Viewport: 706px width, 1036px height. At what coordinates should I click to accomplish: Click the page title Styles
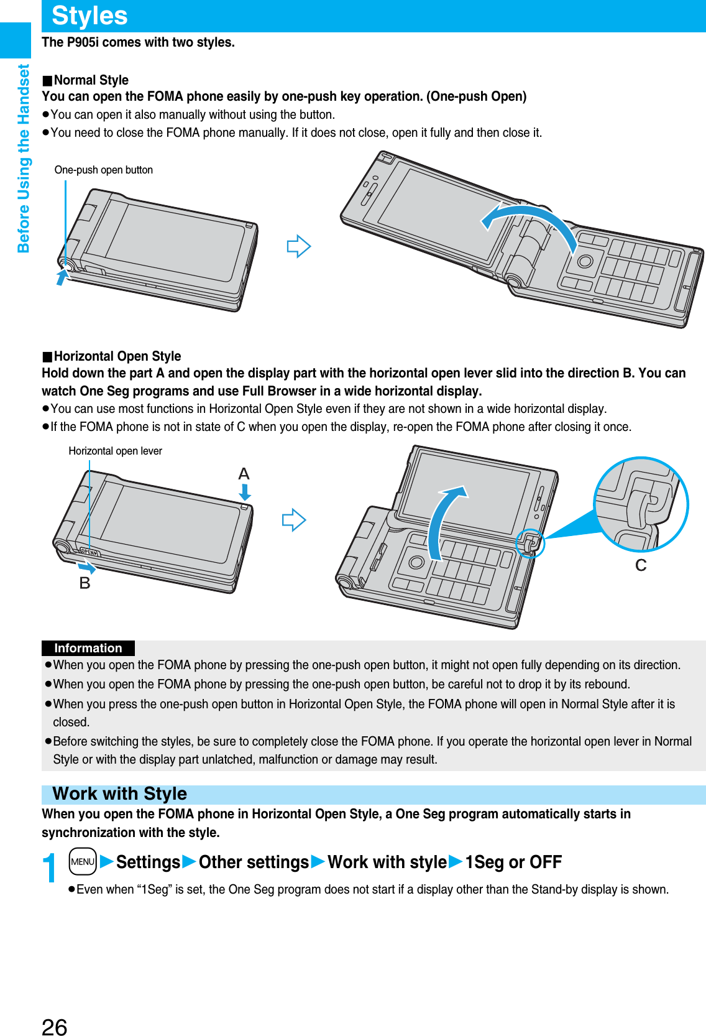[89, 16]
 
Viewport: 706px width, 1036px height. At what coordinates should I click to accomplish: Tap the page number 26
[55, 1027]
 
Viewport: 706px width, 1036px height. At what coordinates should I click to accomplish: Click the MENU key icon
[83, 862]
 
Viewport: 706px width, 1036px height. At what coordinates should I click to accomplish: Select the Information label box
[88, 648]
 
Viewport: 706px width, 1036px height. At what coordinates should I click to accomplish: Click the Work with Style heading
[120, 794]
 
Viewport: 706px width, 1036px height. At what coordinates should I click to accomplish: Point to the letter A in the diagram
[244, 474]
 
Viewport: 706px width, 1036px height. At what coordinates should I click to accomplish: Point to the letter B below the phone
[85, 583]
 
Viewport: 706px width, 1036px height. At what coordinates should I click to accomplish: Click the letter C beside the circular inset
[641, 565]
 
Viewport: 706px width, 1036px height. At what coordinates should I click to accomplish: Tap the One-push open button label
[103, 170]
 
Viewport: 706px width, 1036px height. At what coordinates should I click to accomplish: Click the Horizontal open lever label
[115, 451]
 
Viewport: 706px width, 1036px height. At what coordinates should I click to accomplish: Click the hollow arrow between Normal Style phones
[298, 246]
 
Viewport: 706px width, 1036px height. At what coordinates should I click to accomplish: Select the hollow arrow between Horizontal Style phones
[294, 519]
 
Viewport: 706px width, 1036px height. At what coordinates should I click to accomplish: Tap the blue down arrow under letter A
[245, 493]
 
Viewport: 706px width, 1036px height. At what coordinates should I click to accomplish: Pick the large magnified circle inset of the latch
[641, 504]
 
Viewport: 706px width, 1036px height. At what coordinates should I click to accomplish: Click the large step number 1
[50, 869]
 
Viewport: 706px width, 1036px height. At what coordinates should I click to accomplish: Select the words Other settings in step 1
[254, 863]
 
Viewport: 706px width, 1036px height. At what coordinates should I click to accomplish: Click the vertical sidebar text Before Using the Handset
[24, 159]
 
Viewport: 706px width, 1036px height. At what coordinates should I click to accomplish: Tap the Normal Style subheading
[91, 80]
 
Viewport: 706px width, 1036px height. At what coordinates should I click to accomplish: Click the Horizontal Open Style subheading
[117, 356]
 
